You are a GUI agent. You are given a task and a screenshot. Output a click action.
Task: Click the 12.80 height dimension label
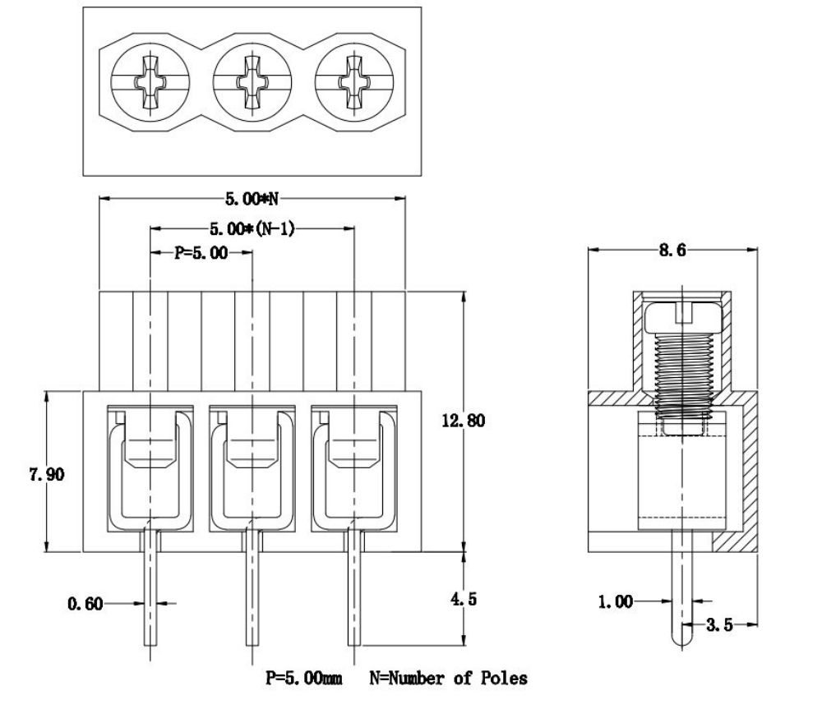464,421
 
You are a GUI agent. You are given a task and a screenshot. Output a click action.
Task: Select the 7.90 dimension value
47,474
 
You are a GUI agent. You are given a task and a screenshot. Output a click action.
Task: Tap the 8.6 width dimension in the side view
672,250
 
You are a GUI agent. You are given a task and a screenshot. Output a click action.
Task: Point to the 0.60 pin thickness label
85,604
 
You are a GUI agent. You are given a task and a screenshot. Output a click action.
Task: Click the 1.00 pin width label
616,601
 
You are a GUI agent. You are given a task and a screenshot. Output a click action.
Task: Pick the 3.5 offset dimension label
719,624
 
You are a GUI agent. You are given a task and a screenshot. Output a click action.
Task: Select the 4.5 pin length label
464,599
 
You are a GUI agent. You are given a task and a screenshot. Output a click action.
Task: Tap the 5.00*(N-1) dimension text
252,228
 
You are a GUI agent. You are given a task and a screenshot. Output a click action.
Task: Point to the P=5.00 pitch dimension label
201,252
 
